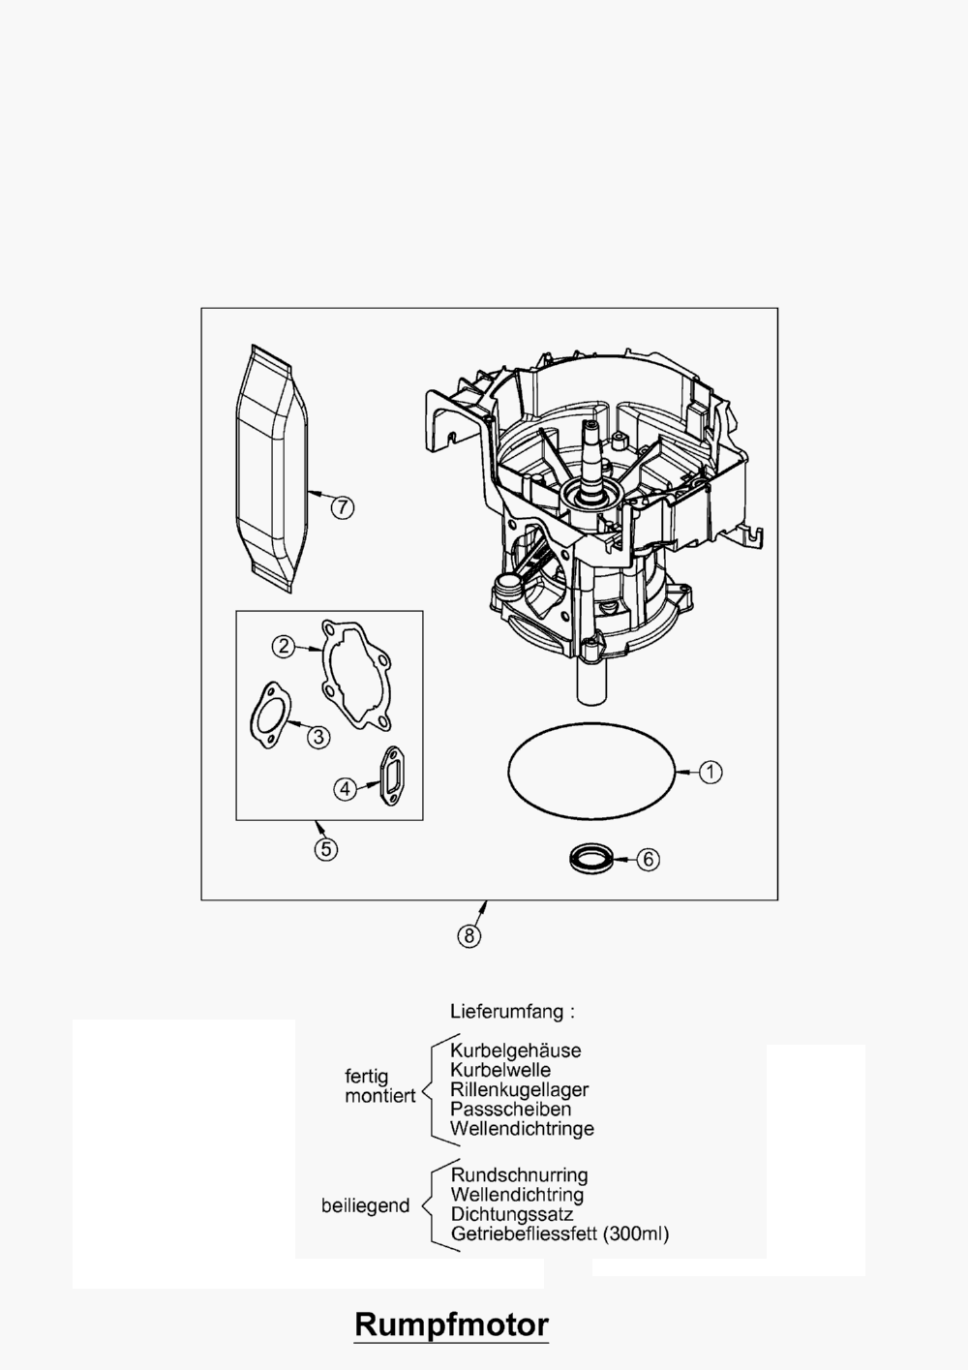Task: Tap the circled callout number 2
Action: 283,646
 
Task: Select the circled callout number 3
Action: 318,737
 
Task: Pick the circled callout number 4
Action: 346,789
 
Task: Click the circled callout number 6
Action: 649,859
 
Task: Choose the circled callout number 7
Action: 342,506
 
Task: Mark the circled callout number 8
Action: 469,935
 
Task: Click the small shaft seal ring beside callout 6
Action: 591,857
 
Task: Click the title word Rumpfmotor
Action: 451,1324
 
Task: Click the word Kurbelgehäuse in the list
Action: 515,1050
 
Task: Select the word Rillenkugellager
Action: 519,1089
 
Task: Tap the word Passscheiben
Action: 510,1109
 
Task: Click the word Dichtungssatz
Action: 511,1214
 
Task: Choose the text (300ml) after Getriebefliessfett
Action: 635,1234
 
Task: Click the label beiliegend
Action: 365,1206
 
